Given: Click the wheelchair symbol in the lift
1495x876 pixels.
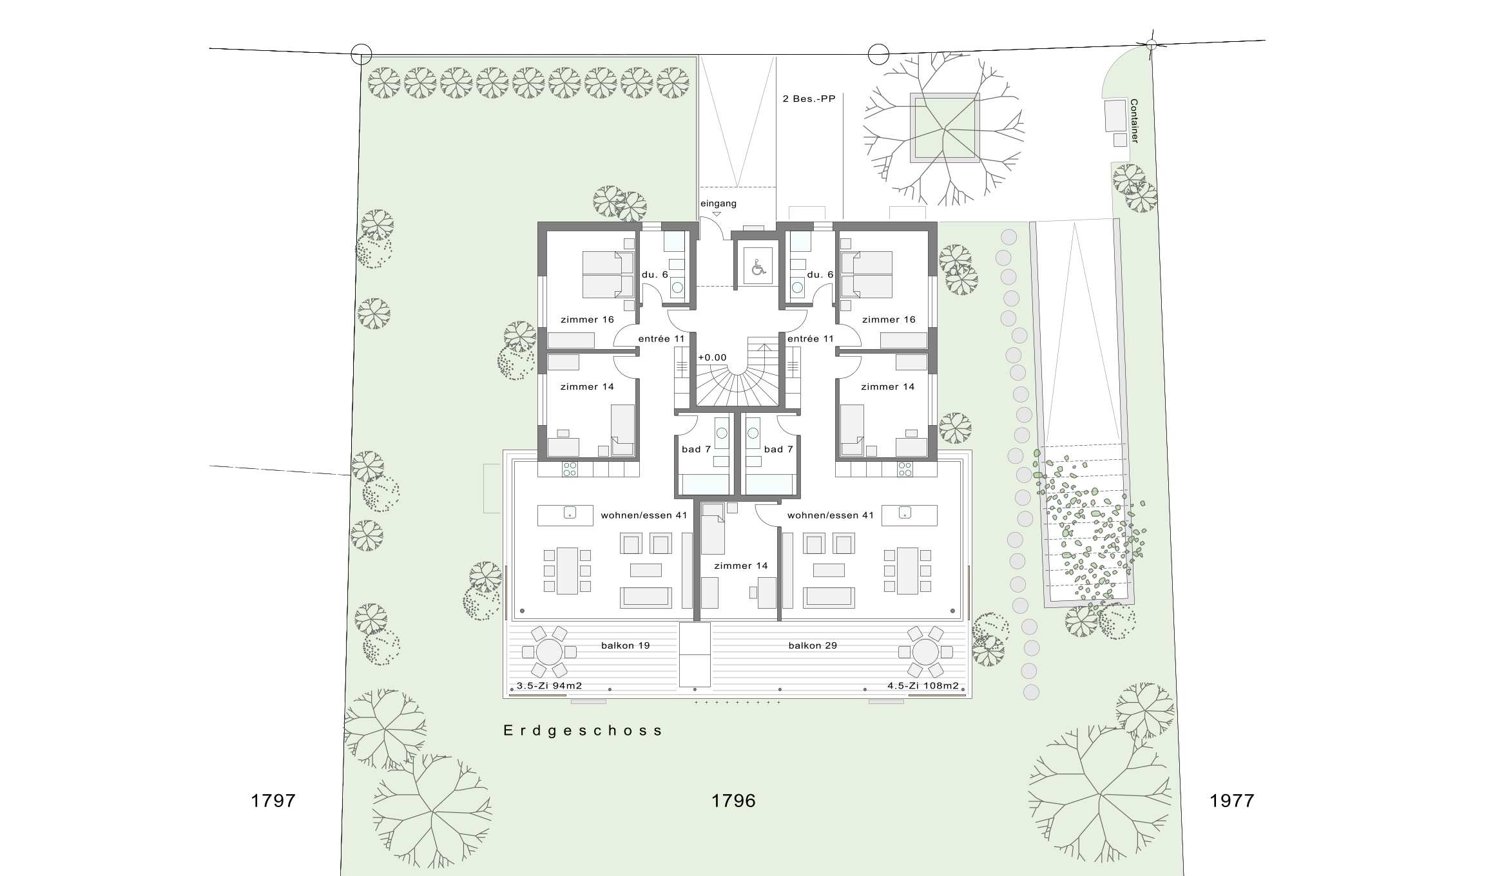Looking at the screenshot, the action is click(758, 266).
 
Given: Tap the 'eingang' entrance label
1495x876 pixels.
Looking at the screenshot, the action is click(719, 204).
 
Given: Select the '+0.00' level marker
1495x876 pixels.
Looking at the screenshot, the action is click(712, 357).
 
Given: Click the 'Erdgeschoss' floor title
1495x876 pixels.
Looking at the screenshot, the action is click(583, 730).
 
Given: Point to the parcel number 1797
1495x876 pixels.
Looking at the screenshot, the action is click(273, 801).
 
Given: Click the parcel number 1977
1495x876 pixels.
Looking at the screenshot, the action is click(1232, 801).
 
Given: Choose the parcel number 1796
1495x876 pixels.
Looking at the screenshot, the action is click(733, 801).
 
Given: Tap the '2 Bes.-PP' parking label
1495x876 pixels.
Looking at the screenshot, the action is click(809, 99).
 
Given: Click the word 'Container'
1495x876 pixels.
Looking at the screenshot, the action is click(1134, 121).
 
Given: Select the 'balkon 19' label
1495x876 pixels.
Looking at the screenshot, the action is click(625, 645).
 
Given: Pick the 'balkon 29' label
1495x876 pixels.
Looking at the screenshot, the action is click(813, 645).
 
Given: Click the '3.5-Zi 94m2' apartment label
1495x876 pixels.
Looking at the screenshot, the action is click(550, 686).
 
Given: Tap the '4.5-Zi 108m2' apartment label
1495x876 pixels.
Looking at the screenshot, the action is click(923, 686).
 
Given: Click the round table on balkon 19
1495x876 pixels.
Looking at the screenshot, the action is click(549, 652).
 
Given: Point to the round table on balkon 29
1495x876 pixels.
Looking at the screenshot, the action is click(925, 652).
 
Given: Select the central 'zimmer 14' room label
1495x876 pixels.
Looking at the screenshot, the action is click(741, 566).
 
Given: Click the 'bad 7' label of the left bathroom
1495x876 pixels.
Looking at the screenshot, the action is click(696, 450).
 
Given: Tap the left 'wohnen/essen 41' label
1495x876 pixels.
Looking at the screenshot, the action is click(644, 515).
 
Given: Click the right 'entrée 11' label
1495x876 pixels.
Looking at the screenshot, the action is click(811, 339).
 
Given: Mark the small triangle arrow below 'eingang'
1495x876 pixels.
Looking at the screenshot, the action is click(717, 214).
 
